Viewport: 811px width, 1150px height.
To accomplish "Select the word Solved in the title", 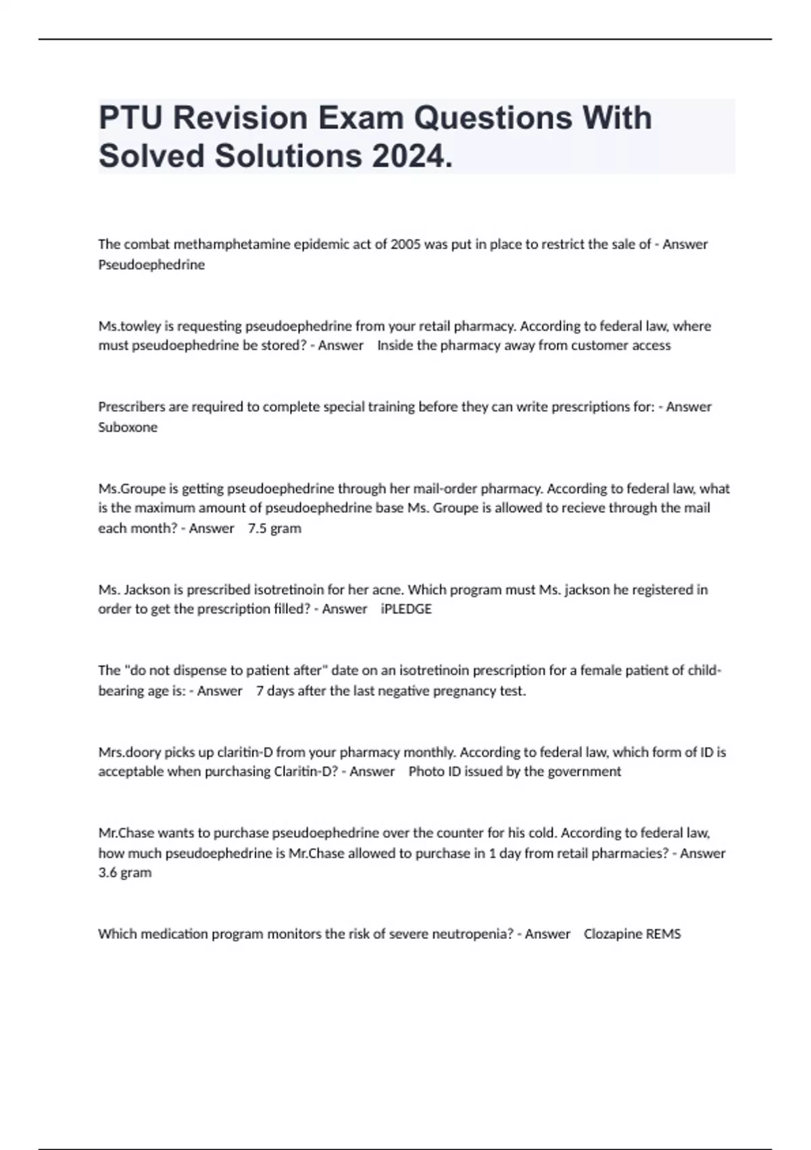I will click(152, 156).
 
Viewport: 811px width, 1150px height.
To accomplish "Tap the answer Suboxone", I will click(128, 427).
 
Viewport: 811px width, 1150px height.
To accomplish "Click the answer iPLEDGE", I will click(406, 609).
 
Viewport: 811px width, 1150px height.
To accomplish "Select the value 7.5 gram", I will click(274, 528).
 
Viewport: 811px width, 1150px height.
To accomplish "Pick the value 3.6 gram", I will click(125, 873).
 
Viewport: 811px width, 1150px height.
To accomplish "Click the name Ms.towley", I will click(126, 326).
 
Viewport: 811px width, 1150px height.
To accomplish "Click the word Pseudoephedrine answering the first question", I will click(151, 264).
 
